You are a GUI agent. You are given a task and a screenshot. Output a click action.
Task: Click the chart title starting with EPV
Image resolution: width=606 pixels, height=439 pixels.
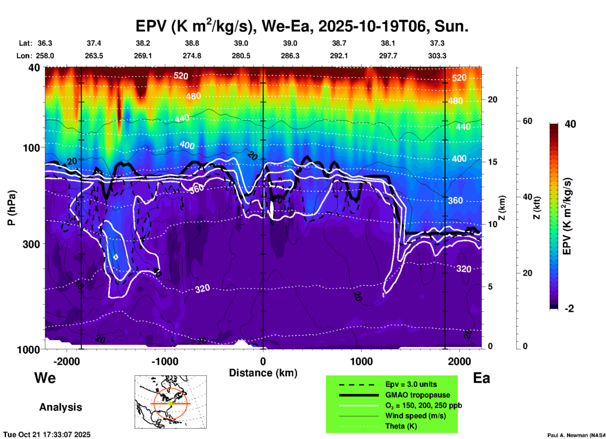pos(302,26)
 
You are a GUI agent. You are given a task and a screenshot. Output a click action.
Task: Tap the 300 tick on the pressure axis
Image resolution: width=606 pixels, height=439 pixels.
pos(31,244)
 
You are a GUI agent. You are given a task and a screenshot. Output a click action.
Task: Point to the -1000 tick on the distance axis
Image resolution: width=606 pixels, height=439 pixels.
pos(165,361)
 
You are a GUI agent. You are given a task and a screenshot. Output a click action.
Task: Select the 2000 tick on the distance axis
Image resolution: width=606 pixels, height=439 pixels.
pos(459,361)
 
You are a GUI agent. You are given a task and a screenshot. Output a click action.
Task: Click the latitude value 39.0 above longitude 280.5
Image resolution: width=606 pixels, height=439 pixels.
pos(241,43)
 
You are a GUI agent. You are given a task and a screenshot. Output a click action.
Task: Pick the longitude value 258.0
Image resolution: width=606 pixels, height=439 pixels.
pos(45,56)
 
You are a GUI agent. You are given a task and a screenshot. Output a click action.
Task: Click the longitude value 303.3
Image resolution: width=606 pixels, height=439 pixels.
pos(437,56)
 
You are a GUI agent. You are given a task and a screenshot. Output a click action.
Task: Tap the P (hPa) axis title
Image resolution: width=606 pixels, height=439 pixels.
pos(12,208)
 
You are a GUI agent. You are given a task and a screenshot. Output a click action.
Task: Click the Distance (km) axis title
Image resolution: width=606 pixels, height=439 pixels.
pos(263,373)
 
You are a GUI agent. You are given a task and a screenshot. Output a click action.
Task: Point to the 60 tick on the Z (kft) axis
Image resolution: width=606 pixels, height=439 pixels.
pos(527,121)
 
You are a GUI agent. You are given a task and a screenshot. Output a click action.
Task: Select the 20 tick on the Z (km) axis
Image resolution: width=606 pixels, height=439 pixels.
pos(492,100)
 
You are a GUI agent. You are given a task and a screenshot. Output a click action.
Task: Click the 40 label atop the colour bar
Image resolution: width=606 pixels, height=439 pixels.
pos(570,124)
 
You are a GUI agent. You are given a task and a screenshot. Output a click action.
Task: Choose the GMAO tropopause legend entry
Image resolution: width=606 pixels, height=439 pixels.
pos(418,395)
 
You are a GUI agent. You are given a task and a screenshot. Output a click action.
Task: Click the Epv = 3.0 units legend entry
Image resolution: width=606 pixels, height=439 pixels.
pos(411,384)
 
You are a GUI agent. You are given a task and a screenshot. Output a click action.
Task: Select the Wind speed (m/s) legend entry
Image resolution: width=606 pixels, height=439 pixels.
pos(415,416)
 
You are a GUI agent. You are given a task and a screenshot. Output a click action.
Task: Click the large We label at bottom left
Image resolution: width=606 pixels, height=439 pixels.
pos(45,378)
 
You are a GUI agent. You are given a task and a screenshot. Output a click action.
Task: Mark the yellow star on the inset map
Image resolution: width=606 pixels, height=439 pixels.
pos(171,403)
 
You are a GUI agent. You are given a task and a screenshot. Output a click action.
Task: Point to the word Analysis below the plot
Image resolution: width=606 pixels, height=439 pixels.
pos(60,407)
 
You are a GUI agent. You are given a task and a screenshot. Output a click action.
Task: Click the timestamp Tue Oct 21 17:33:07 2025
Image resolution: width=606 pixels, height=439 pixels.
pos(47,435)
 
